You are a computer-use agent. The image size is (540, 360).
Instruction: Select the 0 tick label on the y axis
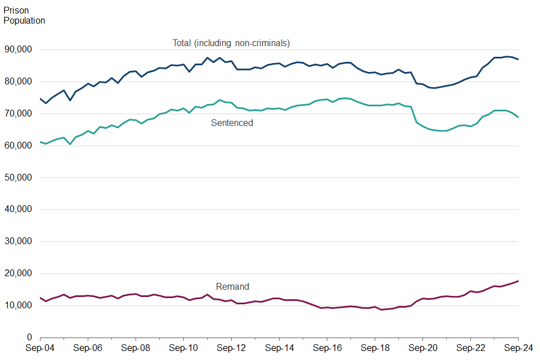28,337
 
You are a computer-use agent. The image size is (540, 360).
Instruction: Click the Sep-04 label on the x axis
40,349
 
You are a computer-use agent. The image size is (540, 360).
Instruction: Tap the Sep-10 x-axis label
184,349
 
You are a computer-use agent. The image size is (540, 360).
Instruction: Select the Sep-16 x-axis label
327,349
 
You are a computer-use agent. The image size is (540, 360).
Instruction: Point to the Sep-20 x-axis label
423,349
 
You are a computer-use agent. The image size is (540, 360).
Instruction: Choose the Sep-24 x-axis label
517,349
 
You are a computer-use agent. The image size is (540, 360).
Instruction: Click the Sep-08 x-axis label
136,349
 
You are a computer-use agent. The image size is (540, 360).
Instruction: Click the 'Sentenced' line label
232,123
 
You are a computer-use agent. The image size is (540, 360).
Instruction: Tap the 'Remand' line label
232,287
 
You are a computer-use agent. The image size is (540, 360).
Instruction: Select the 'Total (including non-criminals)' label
231,43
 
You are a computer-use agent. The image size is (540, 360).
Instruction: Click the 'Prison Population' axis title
24,15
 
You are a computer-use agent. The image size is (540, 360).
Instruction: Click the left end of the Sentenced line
40,142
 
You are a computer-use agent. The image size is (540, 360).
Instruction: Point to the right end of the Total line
518,60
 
